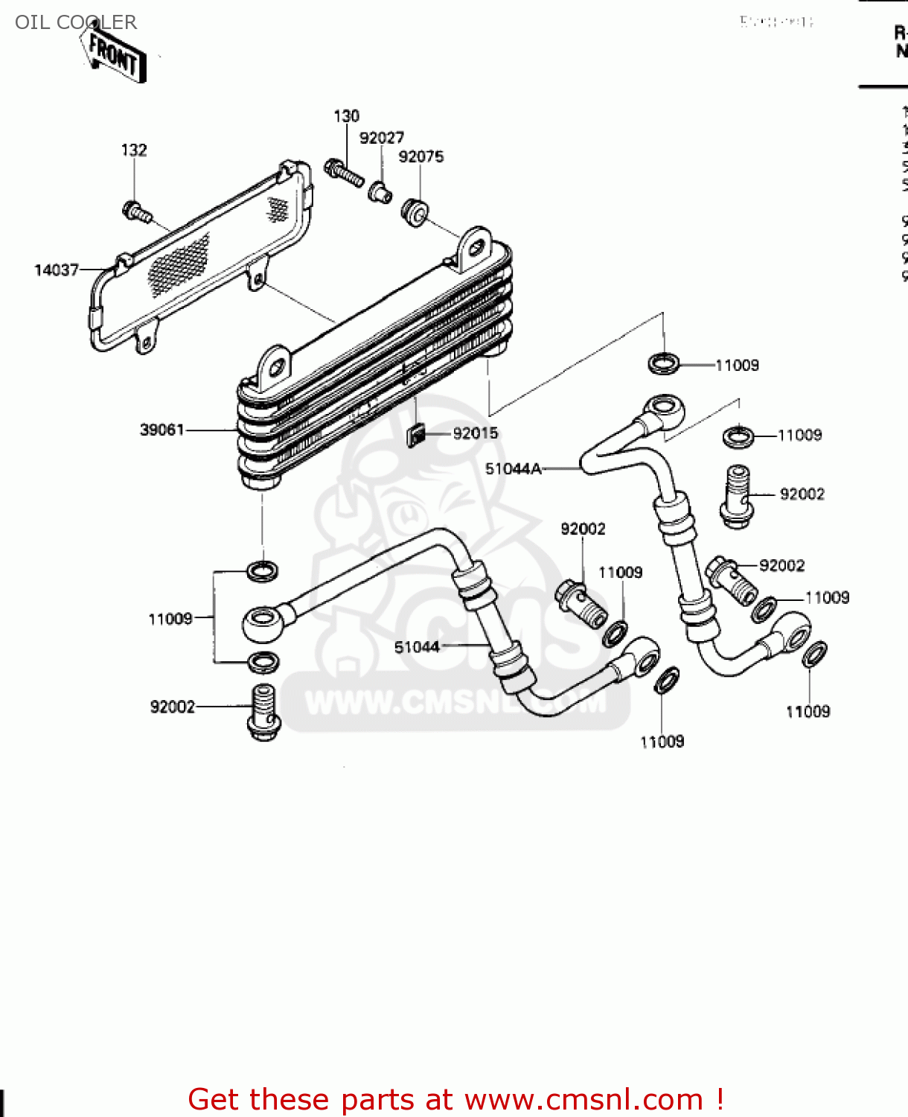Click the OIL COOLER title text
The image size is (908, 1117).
76,22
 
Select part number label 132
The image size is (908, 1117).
134,150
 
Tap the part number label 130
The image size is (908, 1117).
346,116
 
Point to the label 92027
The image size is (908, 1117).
382,138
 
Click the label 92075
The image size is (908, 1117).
421,156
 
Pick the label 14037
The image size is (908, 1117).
57,270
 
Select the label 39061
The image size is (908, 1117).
162,430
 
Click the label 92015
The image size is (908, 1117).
476,433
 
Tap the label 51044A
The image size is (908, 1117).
513,469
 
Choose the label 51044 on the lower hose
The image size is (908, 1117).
417,647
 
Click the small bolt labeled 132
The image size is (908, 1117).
137,211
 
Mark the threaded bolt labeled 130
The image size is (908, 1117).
344,173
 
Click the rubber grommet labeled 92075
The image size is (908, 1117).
415,211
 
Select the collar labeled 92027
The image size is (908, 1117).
380,192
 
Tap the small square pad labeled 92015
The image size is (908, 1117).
416,434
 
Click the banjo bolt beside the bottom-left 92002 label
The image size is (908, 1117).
263,713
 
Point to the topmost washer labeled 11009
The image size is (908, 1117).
663,363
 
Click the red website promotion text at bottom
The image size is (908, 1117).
455,1099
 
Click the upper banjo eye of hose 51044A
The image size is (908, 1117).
664,409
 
